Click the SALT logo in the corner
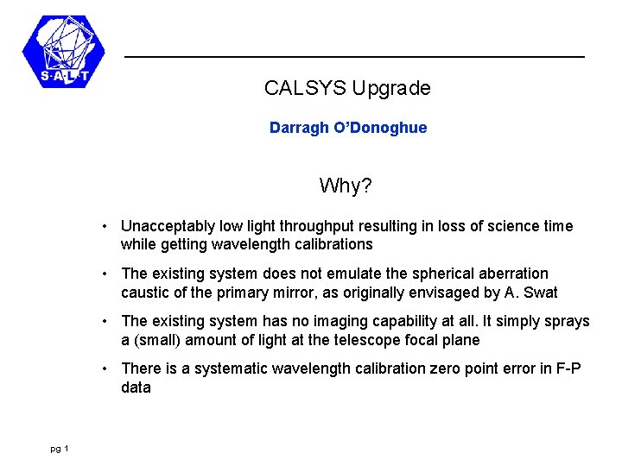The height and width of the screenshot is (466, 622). [63, 52]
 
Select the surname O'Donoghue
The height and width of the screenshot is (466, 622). [380, 128]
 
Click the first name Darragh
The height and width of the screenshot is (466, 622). [299, 128]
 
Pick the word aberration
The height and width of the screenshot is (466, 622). [513, 274]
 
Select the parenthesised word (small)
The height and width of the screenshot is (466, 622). [158, 340]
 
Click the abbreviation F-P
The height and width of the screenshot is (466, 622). [568, 368]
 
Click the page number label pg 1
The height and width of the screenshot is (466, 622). [60, 448]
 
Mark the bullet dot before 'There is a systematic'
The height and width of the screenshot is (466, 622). [104, 368]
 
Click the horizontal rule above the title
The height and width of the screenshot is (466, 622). [354, 57]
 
